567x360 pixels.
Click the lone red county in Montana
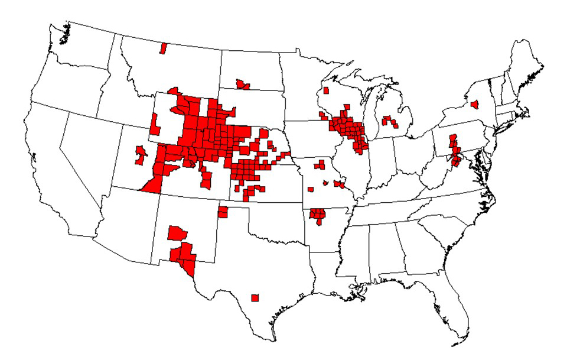point(163,48)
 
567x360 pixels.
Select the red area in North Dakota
point(242,85)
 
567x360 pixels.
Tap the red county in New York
point(474,105)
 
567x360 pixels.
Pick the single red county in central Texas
point(255,297)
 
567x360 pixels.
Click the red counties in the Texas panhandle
point(223,212)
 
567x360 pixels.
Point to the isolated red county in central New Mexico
point(175,232)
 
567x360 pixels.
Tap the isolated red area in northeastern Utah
point(140,155)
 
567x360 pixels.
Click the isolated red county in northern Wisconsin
point(325,91)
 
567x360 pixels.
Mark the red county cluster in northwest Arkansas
point(318,215)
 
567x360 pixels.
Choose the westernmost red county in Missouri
point(311,189)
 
